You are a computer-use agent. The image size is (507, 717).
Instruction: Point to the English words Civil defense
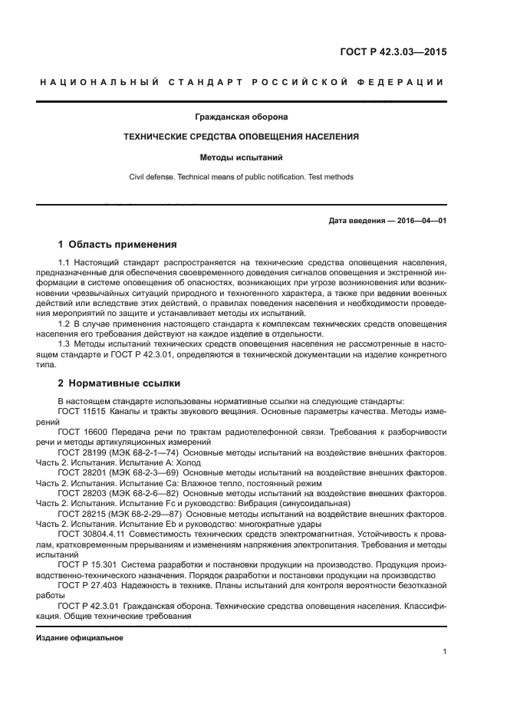click(153, 177)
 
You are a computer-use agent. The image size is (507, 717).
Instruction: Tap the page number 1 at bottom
click(445, 653)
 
